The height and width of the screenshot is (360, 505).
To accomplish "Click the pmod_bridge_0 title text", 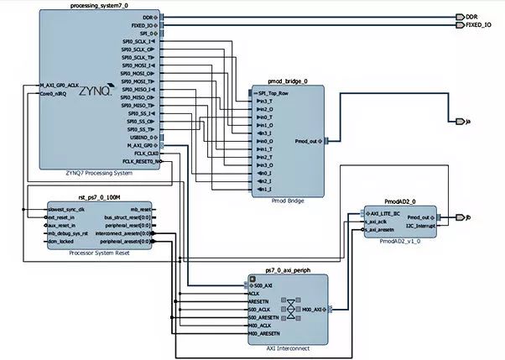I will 287,81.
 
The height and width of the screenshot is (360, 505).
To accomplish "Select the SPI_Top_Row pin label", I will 273,92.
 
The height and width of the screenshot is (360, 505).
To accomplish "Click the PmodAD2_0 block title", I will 401,201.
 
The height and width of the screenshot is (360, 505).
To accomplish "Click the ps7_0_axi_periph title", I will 287,270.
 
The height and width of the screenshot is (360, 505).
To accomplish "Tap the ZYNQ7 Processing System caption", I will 99,173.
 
